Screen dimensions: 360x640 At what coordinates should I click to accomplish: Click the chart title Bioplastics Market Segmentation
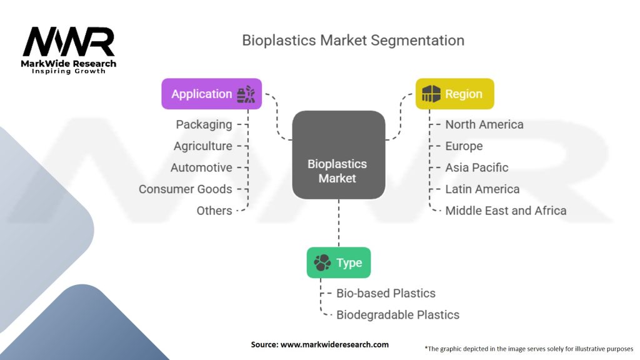(353, 41)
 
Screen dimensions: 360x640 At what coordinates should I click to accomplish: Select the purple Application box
(211, 94)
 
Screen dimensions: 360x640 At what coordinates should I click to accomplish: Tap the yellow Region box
(455, 94)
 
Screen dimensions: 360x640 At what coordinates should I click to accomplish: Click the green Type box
(338, 262)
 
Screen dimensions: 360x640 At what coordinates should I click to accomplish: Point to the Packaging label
(204, 124)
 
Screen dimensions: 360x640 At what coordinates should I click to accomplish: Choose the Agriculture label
(202, 146)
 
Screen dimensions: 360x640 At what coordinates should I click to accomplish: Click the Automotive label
(201, 167)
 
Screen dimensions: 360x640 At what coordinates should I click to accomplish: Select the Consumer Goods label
(185, 189)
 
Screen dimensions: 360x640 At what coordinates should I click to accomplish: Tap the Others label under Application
(214, 211)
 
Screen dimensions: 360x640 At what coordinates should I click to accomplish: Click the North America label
(484, 124)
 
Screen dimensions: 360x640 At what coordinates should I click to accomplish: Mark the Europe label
(464, 146)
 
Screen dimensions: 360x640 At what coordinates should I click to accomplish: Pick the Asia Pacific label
(477, 167)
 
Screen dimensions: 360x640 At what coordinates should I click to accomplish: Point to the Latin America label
(482, 189)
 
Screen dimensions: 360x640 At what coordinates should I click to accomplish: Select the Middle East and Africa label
(506, 211)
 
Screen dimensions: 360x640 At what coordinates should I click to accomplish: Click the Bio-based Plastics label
(386, 293)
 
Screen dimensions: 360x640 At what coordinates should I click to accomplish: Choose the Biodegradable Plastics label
(397, 315)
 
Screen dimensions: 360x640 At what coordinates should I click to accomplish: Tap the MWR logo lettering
(69, 42)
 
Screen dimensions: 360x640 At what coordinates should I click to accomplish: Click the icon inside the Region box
(431, 94)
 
